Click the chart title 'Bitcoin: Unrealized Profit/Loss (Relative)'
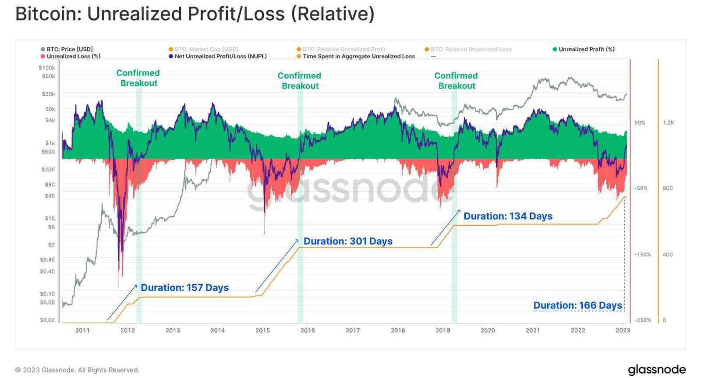[195, 14]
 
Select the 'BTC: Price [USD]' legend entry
[69, 49]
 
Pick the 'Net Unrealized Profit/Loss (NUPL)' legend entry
[220, 56]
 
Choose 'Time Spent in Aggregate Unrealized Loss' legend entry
[358, 56]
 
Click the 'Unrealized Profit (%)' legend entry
[586, 49]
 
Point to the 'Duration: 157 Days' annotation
[184, 288]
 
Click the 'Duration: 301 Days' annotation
[348, 241]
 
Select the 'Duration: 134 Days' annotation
[508, 216]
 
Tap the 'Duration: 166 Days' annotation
[577, 305]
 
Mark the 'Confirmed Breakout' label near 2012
[138, 78]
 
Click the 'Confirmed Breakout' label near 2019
[456, 81]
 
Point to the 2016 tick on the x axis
[308, 330]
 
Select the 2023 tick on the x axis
[623, 330]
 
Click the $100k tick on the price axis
[47, 68]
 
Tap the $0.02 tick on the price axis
[47, 320]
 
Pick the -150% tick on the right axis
[643, 254]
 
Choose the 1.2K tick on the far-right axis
[668, 123]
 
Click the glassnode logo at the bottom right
[656, 369]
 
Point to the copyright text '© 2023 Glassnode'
[77, 370]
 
